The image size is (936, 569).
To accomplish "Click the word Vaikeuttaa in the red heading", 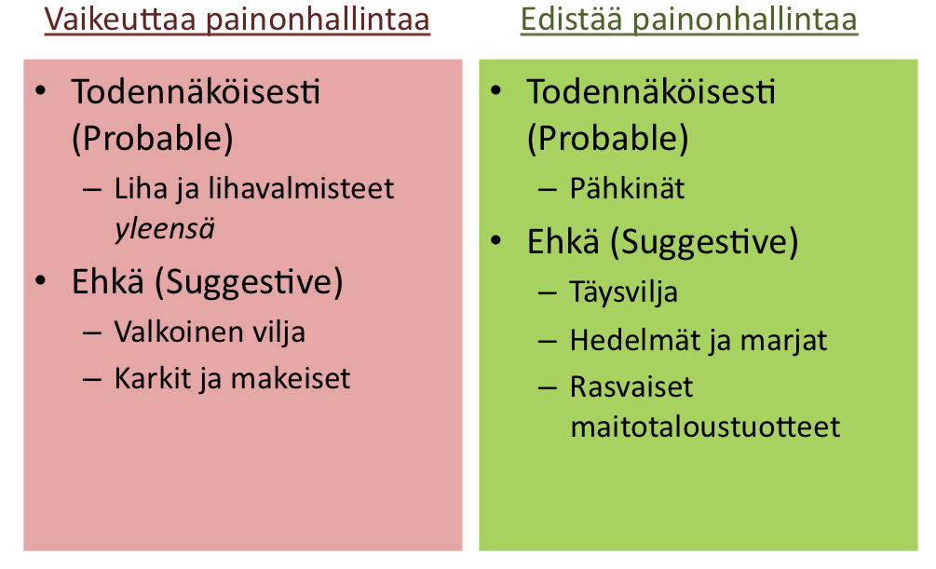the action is (120, 20).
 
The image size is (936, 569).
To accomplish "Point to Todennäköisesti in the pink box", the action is (196, 92).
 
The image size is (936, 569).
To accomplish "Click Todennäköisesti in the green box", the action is (651, 92).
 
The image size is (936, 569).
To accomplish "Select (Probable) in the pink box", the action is (152, 139).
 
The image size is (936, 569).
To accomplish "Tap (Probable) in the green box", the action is (607, 139).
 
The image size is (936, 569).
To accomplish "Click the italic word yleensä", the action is (165, 230).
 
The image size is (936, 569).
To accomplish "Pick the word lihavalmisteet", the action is (301, 189).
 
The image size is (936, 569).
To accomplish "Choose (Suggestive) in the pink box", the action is (249, 282).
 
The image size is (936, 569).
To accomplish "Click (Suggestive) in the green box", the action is (704, 243).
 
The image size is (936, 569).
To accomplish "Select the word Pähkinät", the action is (628, 189).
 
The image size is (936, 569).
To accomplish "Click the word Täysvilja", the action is (624, 293).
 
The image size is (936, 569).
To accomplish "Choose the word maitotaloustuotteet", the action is (705, 427).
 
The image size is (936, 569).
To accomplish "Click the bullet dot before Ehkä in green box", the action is (496, 240).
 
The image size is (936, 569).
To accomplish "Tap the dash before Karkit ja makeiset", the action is (92, 380).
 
